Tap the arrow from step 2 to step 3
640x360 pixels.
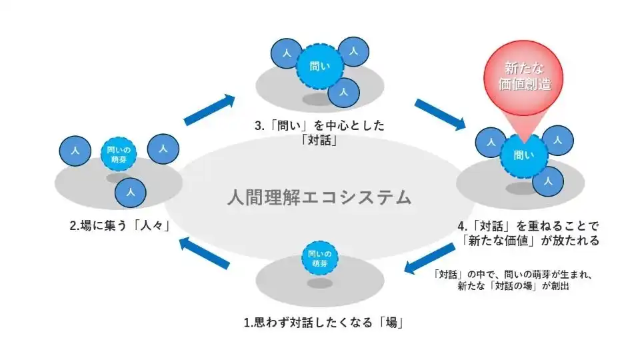point(209,111)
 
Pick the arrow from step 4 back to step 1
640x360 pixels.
point(431,258)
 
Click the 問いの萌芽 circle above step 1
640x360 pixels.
point(320,257)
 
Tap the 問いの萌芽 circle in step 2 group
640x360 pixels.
point(119,155)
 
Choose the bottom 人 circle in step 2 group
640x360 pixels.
point(131,193)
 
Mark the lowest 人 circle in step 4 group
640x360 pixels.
point(548,181)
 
